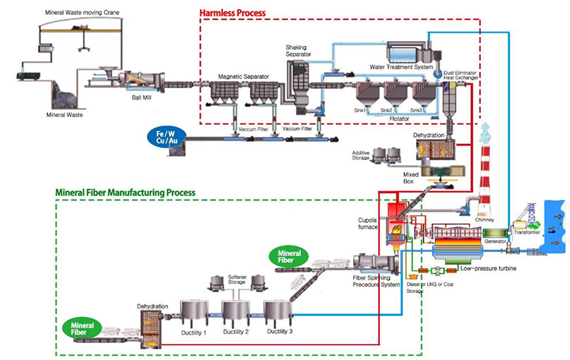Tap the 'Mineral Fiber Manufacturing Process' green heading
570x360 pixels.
pos(125,192)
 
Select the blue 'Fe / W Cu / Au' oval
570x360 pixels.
pos(165,135)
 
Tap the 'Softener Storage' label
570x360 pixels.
pos(237,279)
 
